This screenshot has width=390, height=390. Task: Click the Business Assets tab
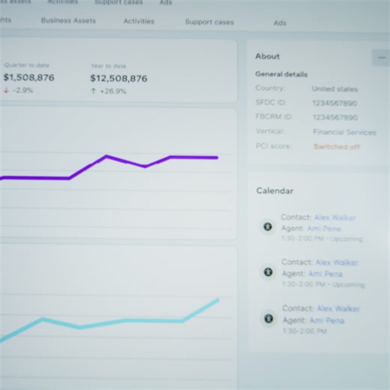[68, 21]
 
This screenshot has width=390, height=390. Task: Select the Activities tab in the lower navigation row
[139, 22]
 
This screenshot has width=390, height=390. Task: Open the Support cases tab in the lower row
[209, 22]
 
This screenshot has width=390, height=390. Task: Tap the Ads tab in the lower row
[280, 23]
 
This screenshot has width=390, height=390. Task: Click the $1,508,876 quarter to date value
[28, 77]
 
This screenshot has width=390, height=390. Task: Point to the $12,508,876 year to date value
[118, 78]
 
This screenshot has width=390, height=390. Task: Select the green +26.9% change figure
[109, 91]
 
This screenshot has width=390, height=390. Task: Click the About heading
[268, 56]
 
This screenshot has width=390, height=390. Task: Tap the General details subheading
[281, 74]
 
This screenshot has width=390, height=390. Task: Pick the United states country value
[335, 88]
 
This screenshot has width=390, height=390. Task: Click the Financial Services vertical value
[344, 132]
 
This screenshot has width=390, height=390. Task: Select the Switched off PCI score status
[337, 147]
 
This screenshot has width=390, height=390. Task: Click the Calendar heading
[275, 191]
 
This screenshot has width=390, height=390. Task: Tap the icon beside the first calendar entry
[267, 226]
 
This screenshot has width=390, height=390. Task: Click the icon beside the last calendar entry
[268, 319]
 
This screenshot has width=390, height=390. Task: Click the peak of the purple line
[106, 156]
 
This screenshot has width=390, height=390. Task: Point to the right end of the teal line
[218, 300]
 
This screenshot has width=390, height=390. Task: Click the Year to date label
[107, 65]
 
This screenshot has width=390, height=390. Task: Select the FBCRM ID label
[274, 117]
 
